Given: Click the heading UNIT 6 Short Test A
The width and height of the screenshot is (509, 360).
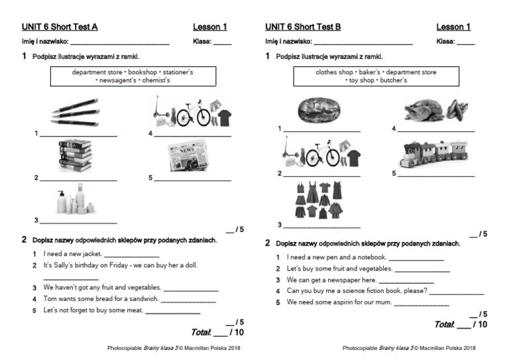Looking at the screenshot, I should (60, 27).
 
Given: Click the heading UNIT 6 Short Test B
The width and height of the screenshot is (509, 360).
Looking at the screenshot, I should (303, 27).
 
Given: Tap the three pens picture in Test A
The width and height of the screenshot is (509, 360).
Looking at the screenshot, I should (74, 112).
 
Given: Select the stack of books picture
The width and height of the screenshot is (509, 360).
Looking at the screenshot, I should (74, 156).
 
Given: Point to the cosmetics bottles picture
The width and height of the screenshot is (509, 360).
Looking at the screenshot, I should (74, 200).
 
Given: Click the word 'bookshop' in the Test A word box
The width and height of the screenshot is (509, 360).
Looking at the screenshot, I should (142, 72).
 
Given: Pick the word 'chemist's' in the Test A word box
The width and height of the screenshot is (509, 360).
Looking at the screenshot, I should (154, 80).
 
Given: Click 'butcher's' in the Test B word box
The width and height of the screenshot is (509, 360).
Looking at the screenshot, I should (393, 80).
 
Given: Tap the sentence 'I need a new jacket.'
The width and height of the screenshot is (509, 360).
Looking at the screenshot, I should (72, 253).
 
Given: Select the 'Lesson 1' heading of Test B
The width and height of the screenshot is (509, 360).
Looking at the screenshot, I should (453, 27).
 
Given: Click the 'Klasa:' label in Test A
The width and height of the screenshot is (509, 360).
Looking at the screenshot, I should (202, 42).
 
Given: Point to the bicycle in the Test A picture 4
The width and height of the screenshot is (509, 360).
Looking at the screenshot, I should (193, 114).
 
